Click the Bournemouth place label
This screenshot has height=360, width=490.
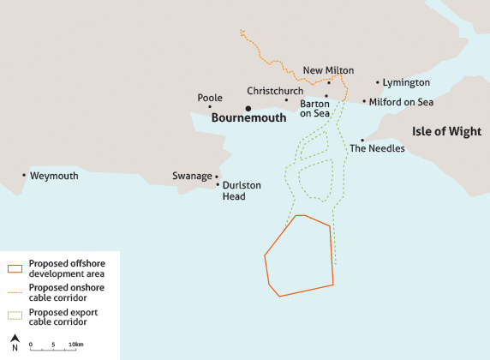tap(248, 119)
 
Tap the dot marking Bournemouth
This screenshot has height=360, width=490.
tap(248, 108)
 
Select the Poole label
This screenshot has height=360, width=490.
tap(210, 98)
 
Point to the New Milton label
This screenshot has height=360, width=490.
tap(328, 70)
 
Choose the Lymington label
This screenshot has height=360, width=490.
tap(406, 82)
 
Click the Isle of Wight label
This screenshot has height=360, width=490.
tap(446, 131)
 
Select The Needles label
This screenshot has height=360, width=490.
tap(377, 148)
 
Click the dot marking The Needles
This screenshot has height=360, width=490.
tap(362, 140)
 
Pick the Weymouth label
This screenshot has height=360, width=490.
tap(54, 176)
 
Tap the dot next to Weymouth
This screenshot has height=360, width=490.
tap(24, 175)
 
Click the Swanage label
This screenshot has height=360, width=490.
tap(192, 176)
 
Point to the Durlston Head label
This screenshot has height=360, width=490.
tap(242, 190)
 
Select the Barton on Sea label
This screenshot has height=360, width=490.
tap(314, 108)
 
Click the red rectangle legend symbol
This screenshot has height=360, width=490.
tap(15, 268)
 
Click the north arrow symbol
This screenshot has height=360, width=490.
tap(15, 342)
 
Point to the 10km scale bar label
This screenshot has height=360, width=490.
tap(76, 345)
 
